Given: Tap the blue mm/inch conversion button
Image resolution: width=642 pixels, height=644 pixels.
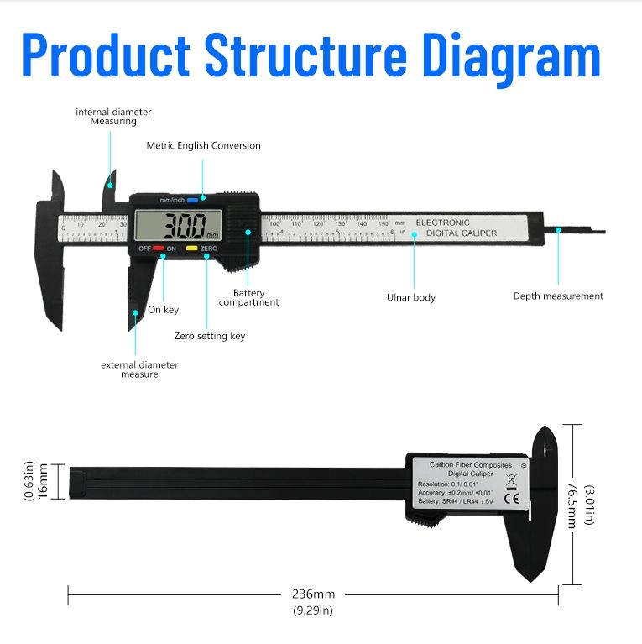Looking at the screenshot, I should point(192,200).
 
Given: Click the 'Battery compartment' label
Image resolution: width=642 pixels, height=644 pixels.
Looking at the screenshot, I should point(249,297).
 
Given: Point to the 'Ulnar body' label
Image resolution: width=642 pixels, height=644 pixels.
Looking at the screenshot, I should point(411,297).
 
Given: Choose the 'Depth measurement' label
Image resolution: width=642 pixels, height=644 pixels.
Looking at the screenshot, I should point(558,296).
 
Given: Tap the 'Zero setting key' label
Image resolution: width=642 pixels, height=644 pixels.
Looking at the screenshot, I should point(210,336).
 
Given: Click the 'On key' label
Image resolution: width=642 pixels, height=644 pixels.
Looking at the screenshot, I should point(163,310).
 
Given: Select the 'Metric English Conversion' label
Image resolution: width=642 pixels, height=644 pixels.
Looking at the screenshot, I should point(203,145).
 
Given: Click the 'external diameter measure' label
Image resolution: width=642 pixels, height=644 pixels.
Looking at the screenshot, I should point(139,369).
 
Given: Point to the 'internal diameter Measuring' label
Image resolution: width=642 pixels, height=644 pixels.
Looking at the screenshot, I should point(113,116).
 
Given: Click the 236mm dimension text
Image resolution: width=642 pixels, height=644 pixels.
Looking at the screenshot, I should point(313,594).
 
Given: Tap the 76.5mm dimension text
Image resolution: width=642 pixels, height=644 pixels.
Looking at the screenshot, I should point(572,504).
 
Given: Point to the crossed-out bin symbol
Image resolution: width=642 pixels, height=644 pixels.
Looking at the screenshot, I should point(511,481).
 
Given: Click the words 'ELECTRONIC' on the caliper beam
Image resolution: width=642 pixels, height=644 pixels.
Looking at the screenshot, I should point(443,223).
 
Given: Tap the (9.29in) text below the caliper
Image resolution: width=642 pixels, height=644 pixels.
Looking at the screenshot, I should point(313,610).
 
